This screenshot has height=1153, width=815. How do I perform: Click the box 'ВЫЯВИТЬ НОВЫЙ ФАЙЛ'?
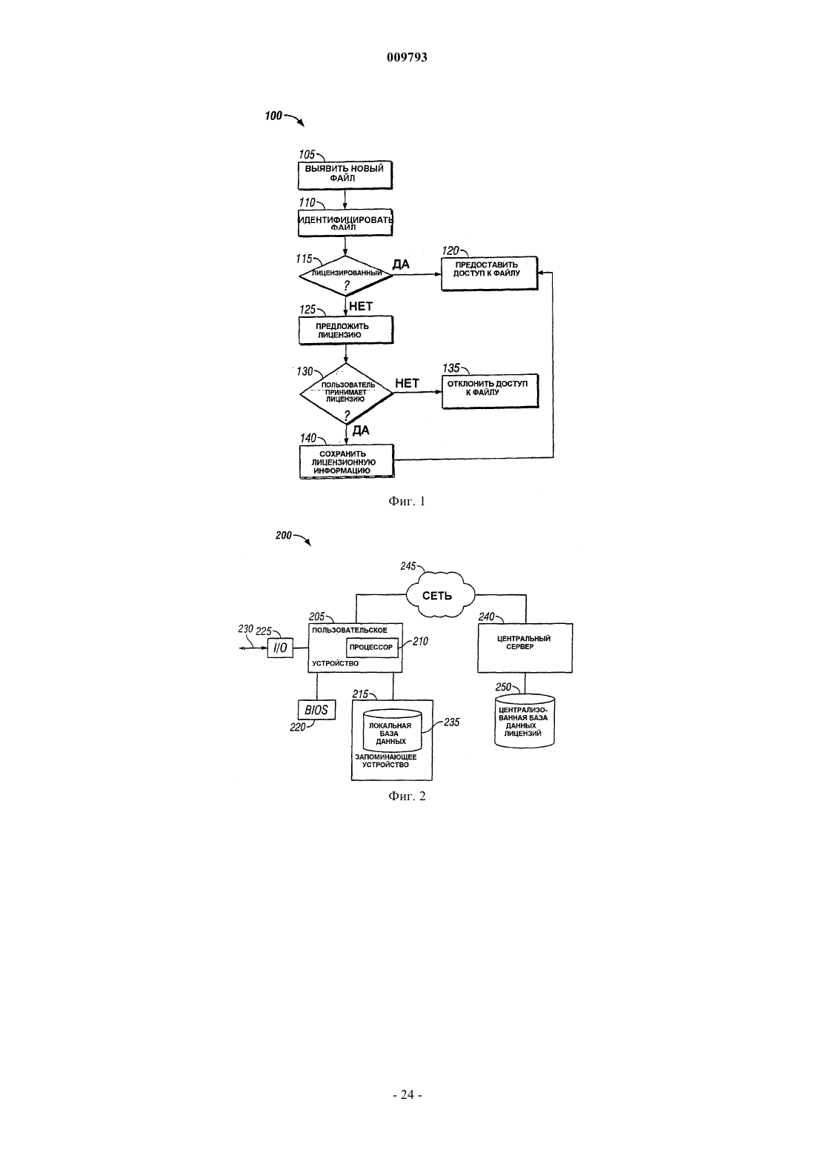pos(345,176)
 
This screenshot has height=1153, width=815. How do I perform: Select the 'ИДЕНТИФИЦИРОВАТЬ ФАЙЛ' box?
pos(345,223)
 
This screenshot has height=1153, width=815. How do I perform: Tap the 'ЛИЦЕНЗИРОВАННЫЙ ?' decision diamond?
pos(346,276)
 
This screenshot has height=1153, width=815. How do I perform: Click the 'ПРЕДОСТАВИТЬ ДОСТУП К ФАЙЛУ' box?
pos(489,273)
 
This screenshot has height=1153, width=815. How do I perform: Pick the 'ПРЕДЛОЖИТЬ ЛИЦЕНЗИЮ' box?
pos(346,330)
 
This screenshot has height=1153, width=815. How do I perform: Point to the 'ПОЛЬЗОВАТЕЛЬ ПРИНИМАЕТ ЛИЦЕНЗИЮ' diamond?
pos(346,393)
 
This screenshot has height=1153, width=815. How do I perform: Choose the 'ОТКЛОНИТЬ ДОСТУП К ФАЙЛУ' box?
pos(490,391)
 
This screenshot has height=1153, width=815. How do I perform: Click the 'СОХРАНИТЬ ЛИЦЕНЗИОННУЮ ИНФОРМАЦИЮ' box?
pos(346,462)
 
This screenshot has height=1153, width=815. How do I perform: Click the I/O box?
pos(280,648)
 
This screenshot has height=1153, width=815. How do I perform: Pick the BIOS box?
pos(316,711)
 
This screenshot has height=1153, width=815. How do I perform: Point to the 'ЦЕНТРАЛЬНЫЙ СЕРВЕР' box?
pos(525,648)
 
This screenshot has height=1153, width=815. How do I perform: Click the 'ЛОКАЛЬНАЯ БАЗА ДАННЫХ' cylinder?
pos(392,731)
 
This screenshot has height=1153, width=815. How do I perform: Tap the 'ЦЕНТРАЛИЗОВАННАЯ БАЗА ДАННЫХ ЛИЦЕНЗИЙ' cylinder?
pos(525,721)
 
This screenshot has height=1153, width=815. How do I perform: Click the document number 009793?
pos(407,57)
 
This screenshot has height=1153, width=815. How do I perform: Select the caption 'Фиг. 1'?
pos(407,502)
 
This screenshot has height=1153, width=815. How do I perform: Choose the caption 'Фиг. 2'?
pos(407,797)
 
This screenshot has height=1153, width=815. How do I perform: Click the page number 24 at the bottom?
pos(407,1094)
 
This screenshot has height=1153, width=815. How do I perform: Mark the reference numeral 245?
pos(408,566)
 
